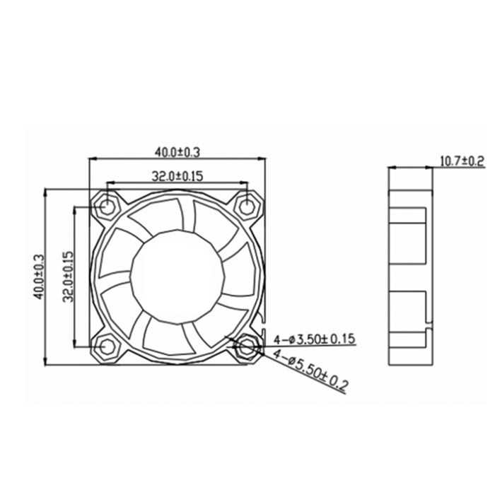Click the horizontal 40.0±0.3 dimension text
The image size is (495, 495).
(178, 151)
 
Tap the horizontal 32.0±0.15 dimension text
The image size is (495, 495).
(177, 175)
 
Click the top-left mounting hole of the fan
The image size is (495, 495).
(107, 206)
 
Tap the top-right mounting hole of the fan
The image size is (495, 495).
(247, 206)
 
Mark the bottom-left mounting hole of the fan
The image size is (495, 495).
(107, 346)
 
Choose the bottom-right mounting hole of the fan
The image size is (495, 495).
(247, 346)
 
